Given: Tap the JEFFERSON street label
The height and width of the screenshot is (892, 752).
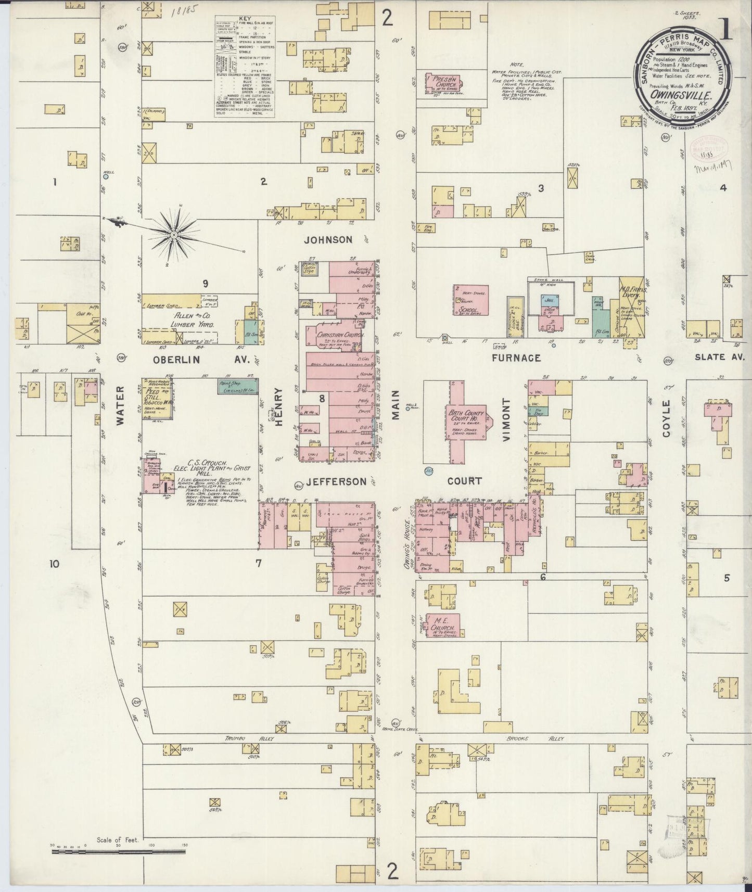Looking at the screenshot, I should (x=336, y=481).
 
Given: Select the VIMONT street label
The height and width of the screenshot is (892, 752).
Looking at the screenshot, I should (x=507, y=420).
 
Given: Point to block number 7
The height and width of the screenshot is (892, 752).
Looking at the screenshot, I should (x=258, y=563).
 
